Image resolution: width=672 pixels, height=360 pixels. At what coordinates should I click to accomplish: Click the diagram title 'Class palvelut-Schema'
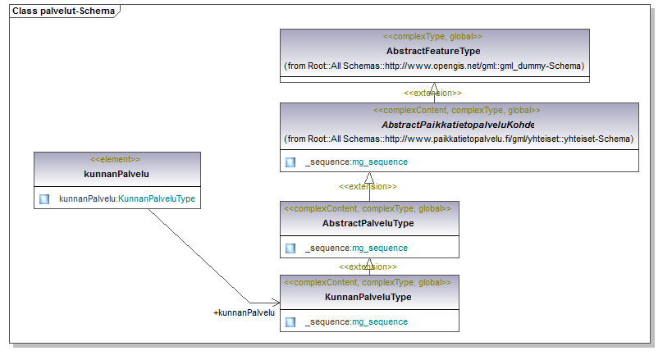63,11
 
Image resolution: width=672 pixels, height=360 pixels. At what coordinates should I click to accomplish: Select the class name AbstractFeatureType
433,51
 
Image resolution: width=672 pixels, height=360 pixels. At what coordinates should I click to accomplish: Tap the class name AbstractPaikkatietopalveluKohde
458,125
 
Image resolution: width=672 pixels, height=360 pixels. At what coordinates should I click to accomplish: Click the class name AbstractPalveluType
368,223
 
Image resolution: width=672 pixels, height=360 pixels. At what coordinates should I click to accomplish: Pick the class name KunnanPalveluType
368,297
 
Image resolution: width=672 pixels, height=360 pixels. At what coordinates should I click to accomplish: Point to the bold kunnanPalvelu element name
117,174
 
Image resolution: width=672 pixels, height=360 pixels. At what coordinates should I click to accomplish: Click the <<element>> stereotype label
115,159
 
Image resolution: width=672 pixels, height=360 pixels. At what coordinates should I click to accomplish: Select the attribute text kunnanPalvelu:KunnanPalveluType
127,198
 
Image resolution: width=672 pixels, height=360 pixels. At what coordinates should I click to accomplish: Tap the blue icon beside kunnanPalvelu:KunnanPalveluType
44,198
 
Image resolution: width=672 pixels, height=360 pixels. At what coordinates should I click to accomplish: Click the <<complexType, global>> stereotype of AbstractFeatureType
432,36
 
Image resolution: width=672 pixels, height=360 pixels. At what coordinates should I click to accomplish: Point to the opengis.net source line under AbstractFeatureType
434,66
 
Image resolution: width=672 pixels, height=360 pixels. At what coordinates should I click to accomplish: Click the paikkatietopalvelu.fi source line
459,139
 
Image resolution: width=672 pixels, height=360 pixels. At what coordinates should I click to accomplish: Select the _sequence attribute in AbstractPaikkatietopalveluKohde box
356,162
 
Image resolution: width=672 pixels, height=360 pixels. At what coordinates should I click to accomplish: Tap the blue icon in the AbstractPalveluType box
290,248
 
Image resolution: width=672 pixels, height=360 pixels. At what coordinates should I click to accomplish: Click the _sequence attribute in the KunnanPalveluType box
356,321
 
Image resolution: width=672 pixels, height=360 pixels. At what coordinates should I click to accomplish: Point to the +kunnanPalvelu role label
244,313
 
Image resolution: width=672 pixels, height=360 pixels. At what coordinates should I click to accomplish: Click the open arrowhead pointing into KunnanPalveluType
276,303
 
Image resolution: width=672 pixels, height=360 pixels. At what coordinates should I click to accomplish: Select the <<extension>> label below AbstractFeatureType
432,93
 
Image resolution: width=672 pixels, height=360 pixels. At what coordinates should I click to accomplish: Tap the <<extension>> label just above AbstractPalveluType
368,186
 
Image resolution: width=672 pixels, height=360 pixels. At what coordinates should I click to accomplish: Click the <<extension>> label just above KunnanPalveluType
368,267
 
